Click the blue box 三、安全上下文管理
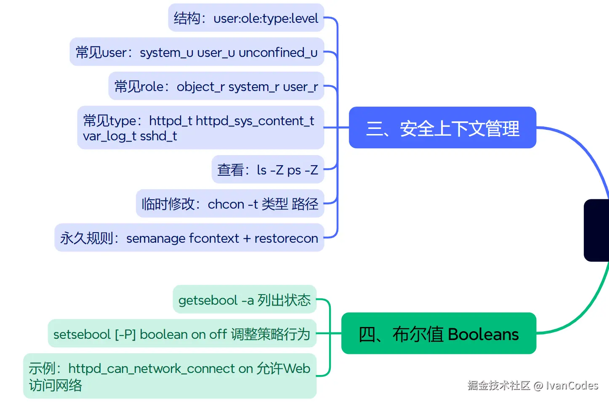442,128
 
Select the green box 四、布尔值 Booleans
439,333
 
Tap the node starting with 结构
246,18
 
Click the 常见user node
197,52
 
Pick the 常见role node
216,86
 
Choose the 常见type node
200,128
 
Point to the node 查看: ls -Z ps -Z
268,170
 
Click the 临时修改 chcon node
230,204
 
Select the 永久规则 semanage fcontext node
189,238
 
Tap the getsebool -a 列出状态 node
245,300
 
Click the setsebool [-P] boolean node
182,334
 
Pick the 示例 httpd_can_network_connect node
170,376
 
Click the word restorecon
286,239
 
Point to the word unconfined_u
278,53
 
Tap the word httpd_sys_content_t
255,121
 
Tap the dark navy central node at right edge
597,230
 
